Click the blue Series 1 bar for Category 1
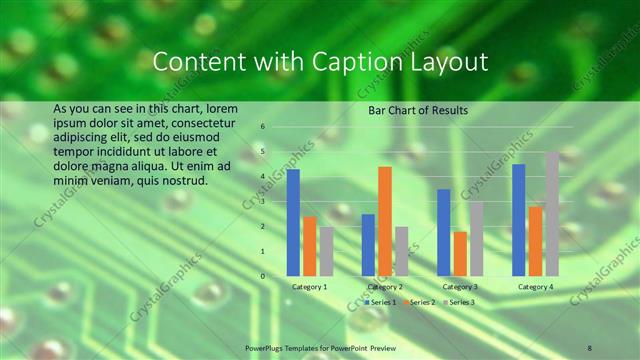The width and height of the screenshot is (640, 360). [293, 222]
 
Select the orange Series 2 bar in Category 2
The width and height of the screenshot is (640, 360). [384, 220]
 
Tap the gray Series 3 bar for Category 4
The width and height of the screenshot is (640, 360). [552, 213]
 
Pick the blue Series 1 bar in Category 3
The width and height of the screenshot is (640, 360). [443, 232]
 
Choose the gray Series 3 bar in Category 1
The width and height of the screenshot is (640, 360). [326, 251]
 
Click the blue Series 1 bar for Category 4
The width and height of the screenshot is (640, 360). [518, 219]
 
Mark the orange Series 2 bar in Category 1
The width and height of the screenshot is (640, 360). [309, 245]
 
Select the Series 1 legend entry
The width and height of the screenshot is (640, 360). [381, 301]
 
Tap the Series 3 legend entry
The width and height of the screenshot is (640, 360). [458, 301]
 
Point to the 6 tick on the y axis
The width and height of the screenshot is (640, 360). [262, 127]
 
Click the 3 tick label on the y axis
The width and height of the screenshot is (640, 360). [262, 201]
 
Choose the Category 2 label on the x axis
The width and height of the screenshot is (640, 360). [385, 287]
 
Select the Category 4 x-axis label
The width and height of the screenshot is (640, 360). [535, 287]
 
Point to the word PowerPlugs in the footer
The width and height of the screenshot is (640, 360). [264, 347]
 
